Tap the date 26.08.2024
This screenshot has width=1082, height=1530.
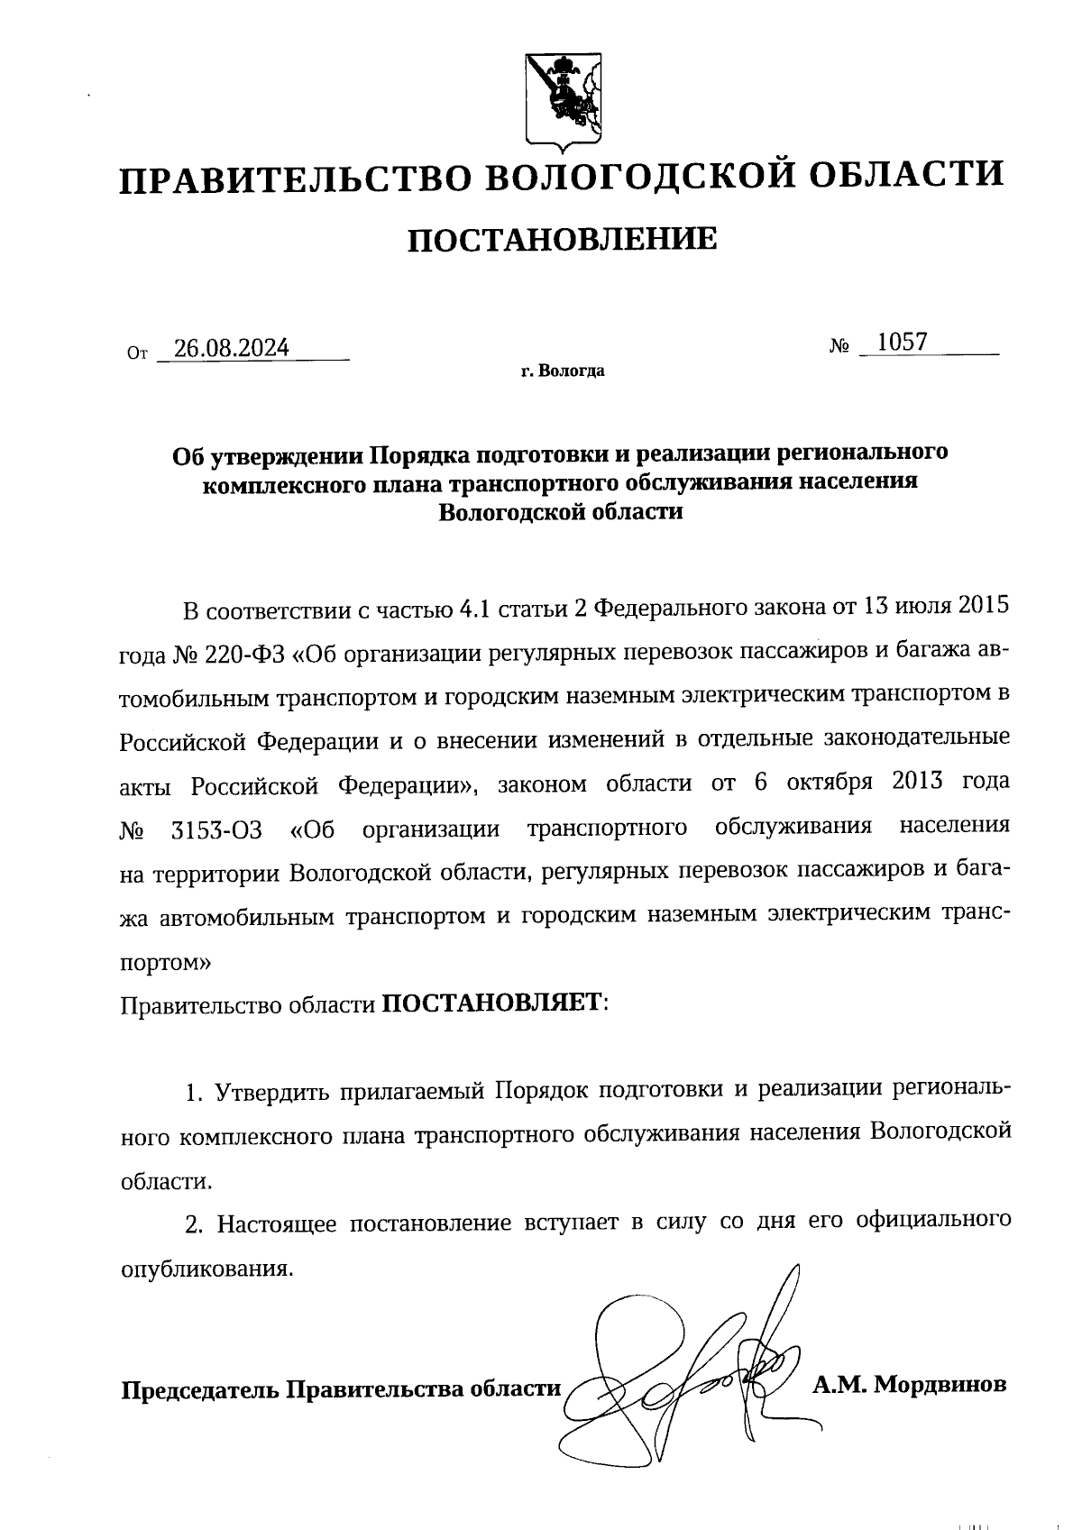[232, 348]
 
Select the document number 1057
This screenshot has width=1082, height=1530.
[902, 343]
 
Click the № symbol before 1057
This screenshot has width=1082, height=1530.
[840, 345]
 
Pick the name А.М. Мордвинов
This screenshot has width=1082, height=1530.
[909, 1383]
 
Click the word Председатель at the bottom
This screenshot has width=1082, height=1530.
[200, 1389]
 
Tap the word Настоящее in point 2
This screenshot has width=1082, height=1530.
[277, 1224]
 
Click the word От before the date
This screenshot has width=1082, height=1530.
[137, 353]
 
